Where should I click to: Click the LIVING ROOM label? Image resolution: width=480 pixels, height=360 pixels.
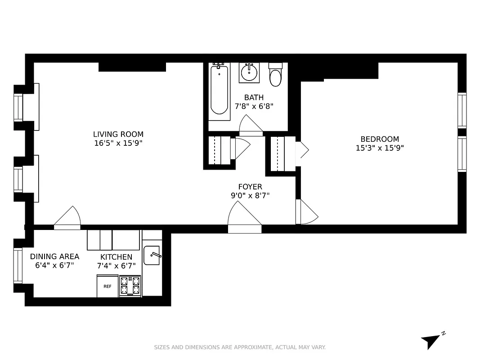click(x=118, y=134)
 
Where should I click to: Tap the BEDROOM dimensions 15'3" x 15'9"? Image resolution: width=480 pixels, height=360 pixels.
click(x=380, y=148)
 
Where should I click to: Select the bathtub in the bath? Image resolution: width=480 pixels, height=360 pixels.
click(x=220, y=89)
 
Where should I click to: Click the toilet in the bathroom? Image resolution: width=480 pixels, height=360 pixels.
click(x=275, y=76)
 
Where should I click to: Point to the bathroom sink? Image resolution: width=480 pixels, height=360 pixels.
click(x=248, y=72)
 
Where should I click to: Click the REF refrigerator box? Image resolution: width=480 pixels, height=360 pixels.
click(x=108, y=286)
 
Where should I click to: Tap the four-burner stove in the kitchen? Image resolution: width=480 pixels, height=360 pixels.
click(x=130, y=286)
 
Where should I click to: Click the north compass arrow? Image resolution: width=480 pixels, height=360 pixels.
click(x=431, y=341)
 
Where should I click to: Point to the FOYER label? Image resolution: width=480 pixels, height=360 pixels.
click(x=250, y=187)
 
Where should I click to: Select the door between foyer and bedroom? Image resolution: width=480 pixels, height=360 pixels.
click(x=306, y=212)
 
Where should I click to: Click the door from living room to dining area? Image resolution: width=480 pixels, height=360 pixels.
click(x=67, y=218)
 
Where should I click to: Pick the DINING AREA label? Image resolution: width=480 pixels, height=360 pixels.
click(x=54, y=256)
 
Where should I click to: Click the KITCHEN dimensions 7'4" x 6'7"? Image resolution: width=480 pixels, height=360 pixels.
click(x=116, y=265)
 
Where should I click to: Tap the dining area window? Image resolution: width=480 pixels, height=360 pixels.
click(x=18, y=265)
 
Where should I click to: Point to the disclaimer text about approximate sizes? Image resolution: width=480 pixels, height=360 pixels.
click(x=240, y=347)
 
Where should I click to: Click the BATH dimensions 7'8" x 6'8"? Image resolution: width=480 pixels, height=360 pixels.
click(x=254, y=107)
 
